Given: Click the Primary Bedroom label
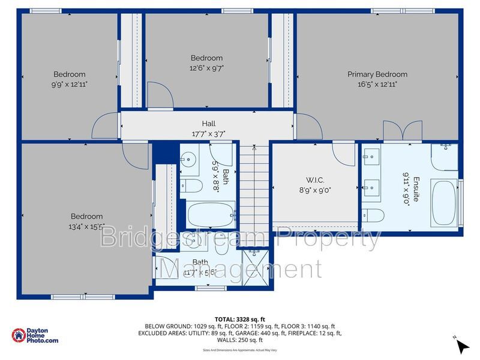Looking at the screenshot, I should [x=377, y=74].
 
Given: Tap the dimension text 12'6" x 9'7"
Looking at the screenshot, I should [x=206, y=68].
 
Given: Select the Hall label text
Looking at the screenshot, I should [x=208, y=124].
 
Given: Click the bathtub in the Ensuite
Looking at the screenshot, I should [x=443, y=203].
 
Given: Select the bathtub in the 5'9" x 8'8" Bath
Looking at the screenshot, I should [x=210, y=214].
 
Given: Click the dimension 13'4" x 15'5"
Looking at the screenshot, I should [x=86, y=226].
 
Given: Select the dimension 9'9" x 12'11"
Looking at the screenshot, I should [x=70, y=84].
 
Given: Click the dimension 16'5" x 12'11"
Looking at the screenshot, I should [x=377, y=84].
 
